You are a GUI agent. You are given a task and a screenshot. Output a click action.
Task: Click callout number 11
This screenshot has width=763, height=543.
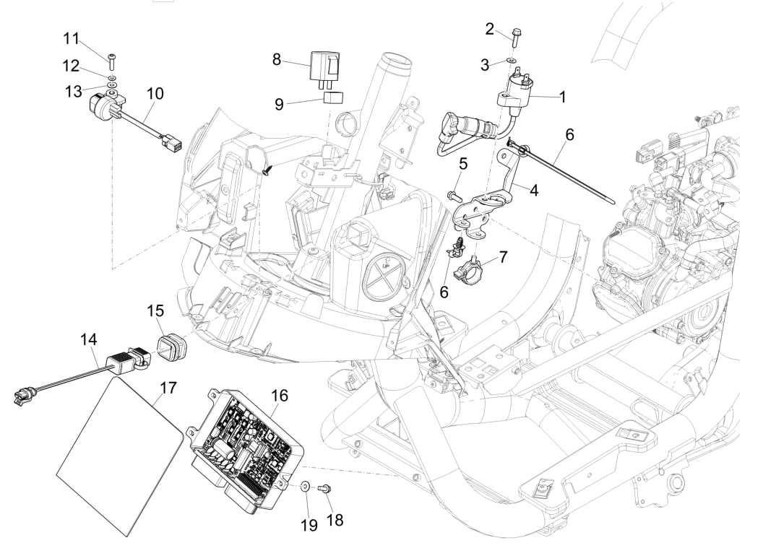point(92,37)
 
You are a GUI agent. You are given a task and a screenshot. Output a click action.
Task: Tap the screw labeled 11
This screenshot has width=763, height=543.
point(111,57)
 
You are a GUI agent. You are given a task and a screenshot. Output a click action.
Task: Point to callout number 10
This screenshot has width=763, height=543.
point(155,93)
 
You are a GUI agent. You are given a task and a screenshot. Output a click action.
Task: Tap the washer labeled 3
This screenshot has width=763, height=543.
point(512,62)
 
